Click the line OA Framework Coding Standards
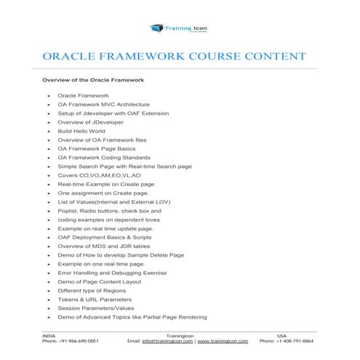coord(104,157)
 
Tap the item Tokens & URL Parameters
coord(95,299)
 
